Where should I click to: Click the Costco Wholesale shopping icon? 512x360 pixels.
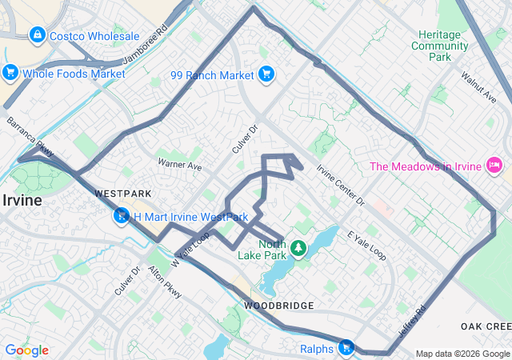pyautogui.click(x=37, y=36)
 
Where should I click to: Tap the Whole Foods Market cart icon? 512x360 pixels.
pyautogui.click(x=10, y=74)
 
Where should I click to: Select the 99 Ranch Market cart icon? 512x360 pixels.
pyautogui.click(x=266, y=75)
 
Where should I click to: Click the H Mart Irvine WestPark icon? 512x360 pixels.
pyautogui.click(x=122, y=216)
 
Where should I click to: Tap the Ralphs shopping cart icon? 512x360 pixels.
pyautogui.click(x=346, y=348)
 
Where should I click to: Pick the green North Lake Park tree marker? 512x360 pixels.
pyautogui.click(x=298, y=248)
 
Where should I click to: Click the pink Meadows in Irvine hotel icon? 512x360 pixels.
pyautogui.click(x=494, y=166)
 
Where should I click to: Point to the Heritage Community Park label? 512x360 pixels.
pyautogui.click(x=439, y=46)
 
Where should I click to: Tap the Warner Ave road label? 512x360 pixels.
pyautogui.click(x=179, y=165)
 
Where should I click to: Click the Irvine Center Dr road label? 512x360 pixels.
pyautogui.click(x=340, y=185)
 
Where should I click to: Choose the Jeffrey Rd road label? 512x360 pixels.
pyautogui.click(x=414, y=319)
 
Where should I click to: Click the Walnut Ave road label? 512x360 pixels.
pyautogui.click(x=478, y=87)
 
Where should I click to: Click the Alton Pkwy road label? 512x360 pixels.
pyautogui.click(x=165, y=282)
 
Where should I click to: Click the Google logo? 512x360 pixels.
pyautogui.click(x=26, y=350)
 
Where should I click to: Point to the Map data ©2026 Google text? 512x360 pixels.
pyautogui.click(x=462, y=354)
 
